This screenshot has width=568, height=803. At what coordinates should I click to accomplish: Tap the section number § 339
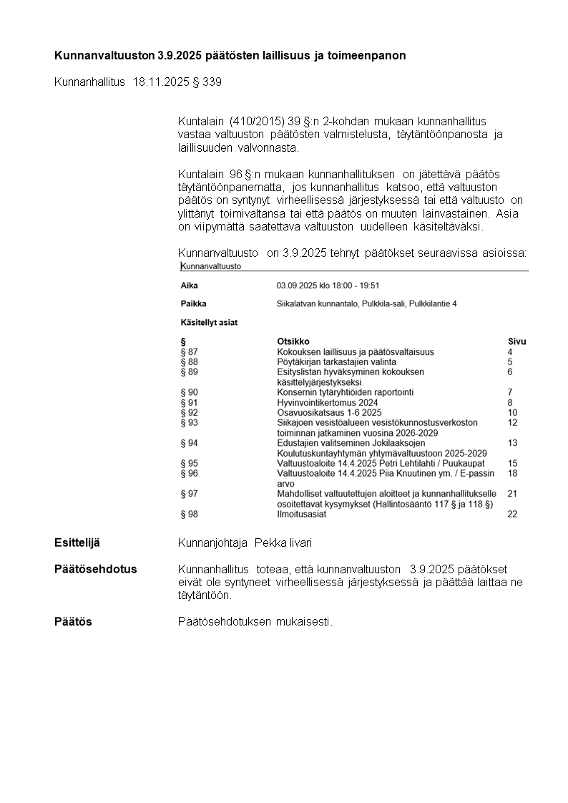point(207,82)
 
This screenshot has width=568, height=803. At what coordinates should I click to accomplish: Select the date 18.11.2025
point(161,82)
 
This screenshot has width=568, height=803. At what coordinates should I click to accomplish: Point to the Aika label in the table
point(189,285)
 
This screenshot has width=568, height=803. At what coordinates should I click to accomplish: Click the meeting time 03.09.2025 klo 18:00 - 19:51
point(328,285)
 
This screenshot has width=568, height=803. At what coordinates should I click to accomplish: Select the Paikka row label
point(193,303)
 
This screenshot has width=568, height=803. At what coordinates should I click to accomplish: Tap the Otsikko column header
point(293,341)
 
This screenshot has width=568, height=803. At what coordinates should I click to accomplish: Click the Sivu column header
point(516,341)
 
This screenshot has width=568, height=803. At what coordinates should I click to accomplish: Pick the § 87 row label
point(190,352)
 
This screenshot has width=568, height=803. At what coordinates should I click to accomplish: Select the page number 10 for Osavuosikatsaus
point(512,413)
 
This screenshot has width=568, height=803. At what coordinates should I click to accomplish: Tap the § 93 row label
point(190,423)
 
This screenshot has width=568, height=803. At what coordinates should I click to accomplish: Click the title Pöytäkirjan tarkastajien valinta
point(336,362)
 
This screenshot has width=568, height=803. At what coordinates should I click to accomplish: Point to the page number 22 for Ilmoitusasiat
point(512,514)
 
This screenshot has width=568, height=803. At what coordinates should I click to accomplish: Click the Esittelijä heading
point(77,542)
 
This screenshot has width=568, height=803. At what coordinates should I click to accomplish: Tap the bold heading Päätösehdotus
point(95,569)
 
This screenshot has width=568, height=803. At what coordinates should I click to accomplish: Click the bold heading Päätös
point(73,621)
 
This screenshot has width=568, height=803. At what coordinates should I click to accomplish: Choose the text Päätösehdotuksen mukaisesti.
point(255,621)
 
